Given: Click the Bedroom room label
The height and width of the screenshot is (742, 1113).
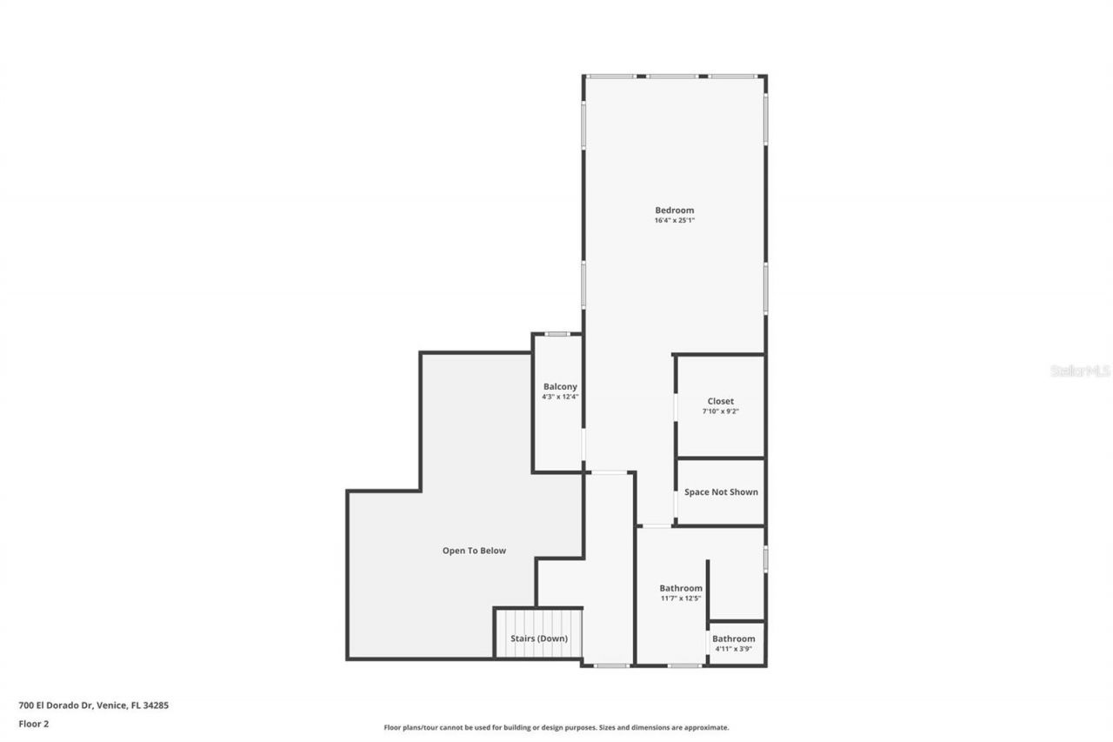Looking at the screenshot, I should [x=674, y=210].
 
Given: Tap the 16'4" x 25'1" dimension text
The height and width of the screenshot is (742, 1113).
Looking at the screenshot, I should [x=674, y=221].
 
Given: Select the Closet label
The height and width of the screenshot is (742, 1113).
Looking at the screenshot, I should [x=720, y=401].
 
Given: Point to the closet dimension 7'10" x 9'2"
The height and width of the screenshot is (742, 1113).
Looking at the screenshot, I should [x=720, y=411].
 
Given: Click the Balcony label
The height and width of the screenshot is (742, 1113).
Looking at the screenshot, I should [x=560, y=386].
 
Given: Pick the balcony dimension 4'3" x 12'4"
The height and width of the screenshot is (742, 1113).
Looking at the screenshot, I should [x=560, y=397].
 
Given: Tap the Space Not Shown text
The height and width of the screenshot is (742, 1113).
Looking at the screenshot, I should [x=721, y=491].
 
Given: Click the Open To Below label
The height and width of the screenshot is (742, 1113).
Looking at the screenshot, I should [x=474, y=550].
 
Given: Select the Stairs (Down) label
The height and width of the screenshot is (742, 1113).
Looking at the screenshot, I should [x=539, y=638].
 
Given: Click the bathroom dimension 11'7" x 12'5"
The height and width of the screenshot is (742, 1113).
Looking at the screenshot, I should [x=680, y=598].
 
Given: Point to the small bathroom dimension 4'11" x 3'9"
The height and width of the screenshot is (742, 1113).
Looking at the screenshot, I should [x=734, y=649].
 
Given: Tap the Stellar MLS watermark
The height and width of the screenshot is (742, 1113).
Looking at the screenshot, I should [x=1080, y=371].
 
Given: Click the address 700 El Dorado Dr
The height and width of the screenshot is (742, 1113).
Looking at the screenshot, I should [x=93, y=705].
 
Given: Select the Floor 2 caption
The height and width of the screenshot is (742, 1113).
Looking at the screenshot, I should [x=33, y=723].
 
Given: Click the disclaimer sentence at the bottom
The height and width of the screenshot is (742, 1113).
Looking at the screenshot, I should [x=556, y=727].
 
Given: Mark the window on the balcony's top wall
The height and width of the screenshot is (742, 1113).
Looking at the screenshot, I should [x=557, y=334].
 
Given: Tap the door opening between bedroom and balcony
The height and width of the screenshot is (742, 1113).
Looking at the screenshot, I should [x=583, y=444].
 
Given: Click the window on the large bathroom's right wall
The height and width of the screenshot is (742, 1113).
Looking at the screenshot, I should [x=765, y=558].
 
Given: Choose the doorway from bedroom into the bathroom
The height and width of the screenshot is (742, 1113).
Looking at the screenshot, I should [x=656, y=525].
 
